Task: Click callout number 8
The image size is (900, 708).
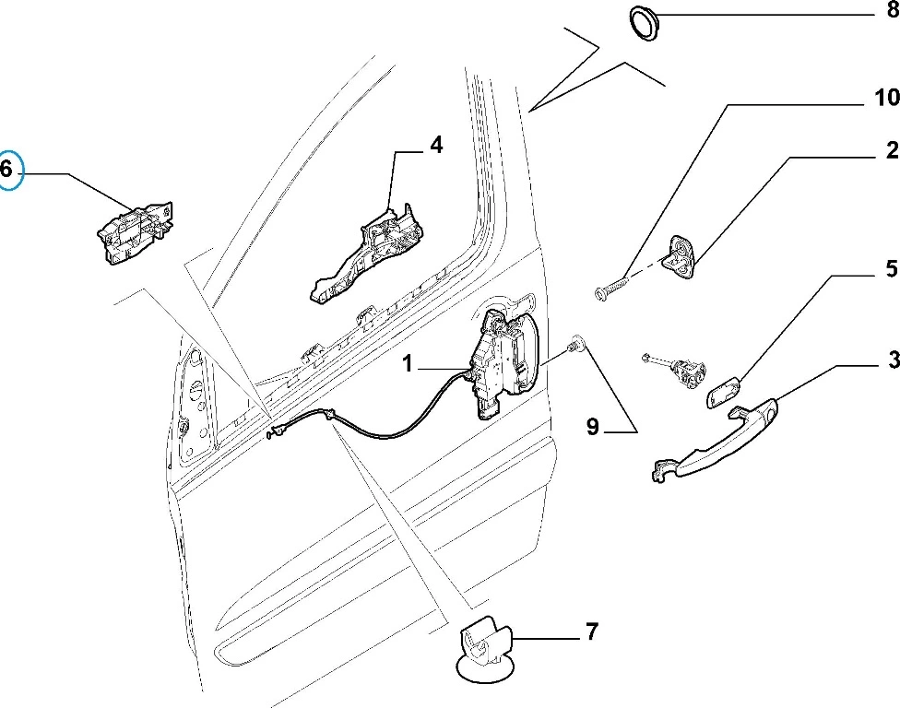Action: click(x=891, y=14)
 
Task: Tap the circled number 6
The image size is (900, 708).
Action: click(x=7, y=170)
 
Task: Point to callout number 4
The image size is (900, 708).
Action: click(x=435, y=146)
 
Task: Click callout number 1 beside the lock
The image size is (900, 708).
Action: click(x=407, y=366)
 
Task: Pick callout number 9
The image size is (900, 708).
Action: click(x=592, y=427)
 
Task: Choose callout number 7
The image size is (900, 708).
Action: click(x=591, y=632)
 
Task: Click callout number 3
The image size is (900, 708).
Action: click(x=893, y=360)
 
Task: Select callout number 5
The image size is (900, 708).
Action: click(x=891, y=269)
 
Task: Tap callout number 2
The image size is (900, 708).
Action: click(x=892, y=150)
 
